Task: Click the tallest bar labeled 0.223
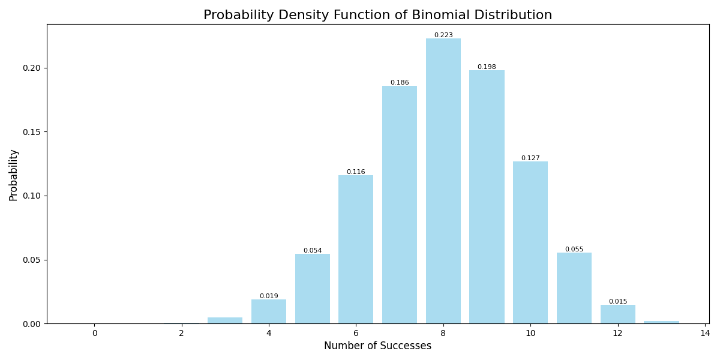coord(443,180)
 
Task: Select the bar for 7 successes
coord(400,204)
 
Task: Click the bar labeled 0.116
coord(356,249)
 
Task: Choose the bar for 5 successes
coord(313,289)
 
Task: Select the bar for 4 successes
coord(269,311)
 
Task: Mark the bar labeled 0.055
coord(574,288)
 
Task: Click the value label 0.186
coord(400,83)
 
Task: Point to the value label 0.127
coord(530,158)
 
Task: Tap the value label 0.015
coord(618,302)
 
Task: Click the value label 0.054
coord(313,251)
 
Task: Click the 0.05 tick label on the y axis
coord(31,260)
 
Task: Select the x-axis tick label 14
coord(705,334)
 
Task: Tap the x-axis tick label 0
coord(94,334)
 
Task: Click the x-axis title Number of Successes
coord(377,346)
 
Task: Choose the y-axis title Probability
coord(14,175)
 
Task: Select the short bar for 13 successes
coord(661,322)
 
